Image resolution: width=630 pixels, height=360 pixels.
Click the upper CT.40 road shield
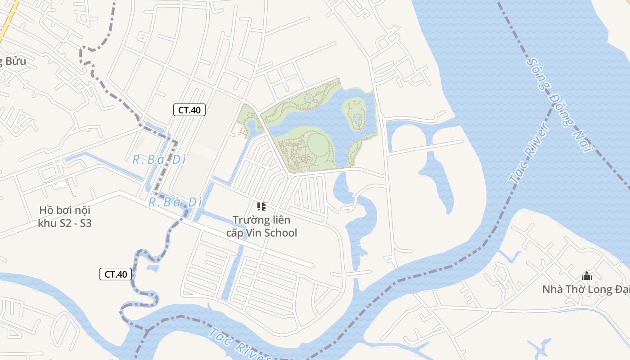pyautogui.click(x=189, y=110)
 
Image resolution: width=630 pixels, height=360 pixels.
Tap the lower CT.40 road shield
pyautogui.click(x=116, y=274)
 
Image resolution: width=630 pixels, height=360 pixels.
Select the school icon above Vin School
pyautogui.click(x=261, y=207)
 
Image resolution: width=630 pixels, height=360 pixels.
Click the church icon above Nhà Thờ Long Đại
pyautogui.click(x=587, y=276)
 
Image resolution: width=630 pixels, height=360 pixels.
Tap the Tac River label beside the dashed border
pyautogui.click(x=530, y=153)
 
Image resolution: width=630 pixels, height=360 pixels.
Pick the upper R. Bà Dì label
pyautogui.click(x=159, y=159)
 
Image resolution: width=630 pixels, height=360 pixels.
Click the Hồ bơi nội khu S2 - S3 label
pyautogui.click(x=65, y=216)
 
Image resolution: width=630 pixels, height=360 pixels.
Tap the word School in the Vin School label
pyautogui.click(x=280, y=233)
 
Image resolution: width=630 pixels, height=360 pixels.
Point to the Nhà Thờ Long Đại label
pyautogui.click(x=585, y=289)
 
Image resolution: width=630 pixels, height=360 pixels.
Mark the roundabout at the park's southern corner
pyautogui.click(x=291, y=174)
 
